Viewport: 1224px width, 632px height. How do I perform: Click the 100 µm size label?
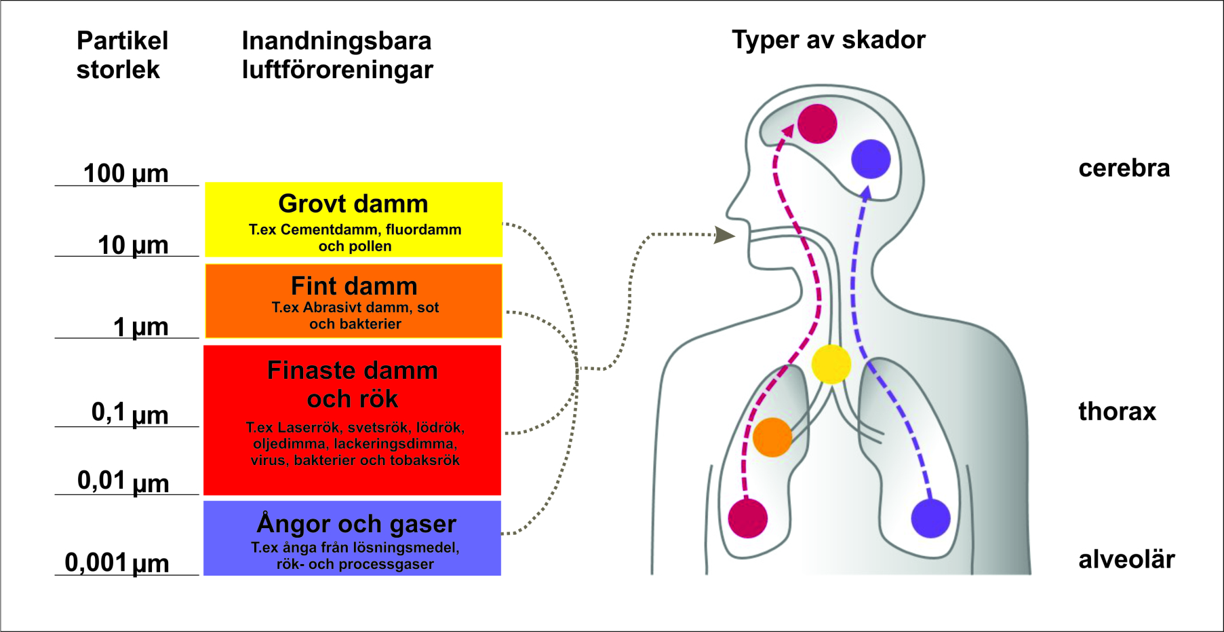coord(125,173)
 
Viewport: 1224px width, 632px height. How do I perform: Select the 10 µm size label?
coord(133,245)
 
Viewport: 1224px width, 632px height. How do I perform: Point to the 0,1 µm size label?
coord(130,413)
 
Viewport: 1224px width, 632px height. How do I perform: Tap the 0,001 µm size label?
coord(117,563)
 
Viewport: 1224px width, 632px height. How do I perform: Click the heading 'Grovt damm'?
coord(353,204)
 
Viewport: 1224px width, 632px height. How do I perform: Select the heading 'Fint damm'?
coord(354,286)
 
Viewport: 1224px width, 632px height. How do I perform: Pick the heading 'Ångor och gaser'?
coord(356,523)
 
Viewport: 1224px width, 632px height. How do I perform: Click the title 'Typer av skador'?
coord(828,40)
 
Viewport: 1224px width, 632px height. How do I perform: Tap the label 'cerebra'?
coord(1124,168)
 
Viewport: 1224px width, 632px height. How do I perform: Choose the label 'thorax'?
coord(1117,411)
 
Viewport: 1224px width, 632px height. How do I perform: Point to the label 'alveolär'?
coord(1126,559)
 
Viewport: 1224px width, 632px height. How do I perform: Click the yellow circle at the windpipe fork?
coord(831,365)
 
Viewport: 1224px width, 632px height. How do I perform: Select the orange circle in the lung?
coord(772,437)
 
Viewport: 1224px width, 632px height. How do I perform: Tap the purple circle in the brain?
coord(871,159)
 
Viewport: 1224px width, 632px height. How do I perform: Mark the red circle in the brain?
coord(817,124)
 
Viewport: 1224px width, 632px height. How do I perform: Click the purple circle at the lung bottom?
coord(930,518)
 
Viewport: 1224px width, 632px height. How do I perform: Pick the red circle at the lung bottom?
coord(747,518)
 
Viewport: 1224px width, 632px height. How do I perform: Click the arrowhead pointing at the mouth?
coord(725,235)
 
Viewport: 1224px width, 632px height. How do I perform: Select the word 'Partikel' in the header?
coord(122,41)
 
